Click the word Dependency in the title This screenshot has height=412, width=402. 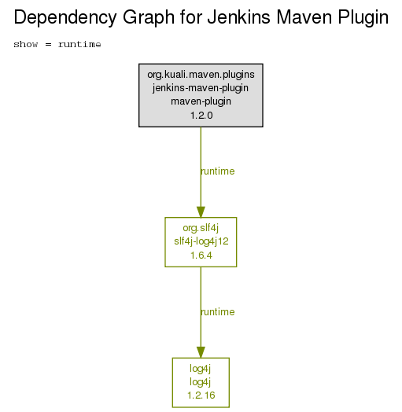tap(65, 18)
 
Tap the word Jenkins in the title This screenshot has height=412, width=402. tap(238, 17)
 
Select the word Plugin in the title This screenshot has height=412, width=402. tap(363, 18)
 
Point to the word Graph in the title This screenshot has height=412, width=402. tap(149, 18)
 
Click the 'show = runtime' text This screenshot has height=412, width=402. tap(57, 44)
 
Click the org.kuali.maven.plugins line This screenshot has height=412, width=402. tap(201, 75)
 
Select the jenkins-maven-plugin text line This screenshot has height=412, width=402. tap(201, 88)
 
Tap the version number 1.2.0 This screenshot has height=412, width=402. tap(201, 116)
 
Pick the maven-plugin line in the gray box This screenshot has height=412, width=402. tap(201, 101)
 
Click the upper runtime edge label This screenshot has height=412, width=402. tap(218, 171)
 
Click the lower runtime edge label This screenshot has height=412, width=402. tap(218, 312)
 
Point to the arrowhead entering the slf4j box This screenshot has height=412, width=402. tap(201, 212)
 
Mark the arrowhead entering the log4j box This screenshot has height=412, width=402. tap(201, 352)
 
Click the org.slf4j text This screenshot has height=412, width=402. tap(201, 228)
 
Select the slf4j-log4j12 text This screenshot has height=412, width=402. tap(201, 241)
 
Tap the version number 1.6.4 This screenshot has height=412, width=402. tap(201, 256)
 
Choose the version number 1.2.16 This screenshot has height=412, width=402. tap(201, 395)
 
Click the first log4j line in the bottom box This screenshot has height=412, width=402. tap(201, 369)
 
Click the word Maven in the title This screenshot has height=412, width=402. tap(304, 17)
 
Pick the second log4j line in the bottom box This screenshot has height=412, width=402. tap(201, 382)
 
